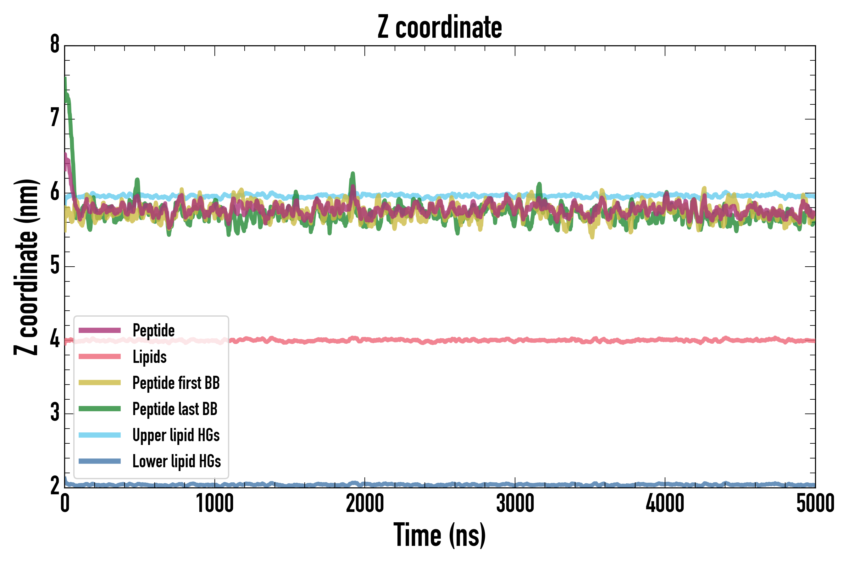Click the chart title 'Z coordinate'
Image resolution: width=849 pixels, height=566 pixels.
(439, 27)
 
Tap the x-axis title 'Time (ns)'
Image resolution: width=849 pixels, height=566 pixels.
(439, 535)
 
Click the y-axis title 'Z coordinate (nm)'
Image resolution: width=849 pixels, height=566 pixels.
(26, 267)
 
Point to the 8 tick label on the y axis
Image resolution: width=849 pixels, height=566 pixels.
(55, 45)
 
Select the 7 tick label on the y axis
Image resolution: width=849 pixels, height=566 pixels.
(55, 119)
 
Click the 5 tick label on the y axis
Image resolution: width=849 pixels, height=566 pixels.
(55, 266)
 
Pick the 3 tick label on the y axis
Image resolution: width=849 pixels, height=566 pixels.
(55, 413)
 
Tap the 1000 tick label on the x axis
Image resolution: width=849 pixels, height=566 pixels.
(215, 503)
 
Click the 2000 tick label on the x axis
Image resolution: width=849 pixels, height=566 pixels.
(364, 503)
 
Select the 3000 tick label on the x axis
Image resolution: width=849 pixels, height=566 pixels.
(515, 503)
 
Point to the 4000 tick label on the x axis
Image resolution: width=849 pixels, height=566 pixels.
(665, 503)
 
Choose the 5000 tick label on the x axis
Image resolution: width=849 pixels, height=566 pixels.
(815, 503)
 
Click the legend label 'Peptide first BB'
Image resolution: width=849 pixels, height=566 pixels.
(176, 383)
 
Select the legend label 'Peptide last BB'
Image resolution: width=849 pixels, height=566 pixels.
(175, 409)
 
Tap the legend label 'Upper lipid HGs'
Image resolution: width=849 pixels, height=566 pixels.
(176, 435)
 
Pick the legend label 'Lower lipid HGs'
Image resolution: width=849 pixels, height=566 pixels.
(176, 461)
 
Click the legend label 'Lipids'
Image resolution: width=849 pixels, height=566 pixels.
(149, 357)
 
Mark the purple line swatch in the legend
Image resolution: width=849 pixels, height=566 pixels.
(100, 330)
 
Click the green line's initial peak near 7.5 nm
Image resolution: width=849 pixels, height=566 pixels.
(65, 79)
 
